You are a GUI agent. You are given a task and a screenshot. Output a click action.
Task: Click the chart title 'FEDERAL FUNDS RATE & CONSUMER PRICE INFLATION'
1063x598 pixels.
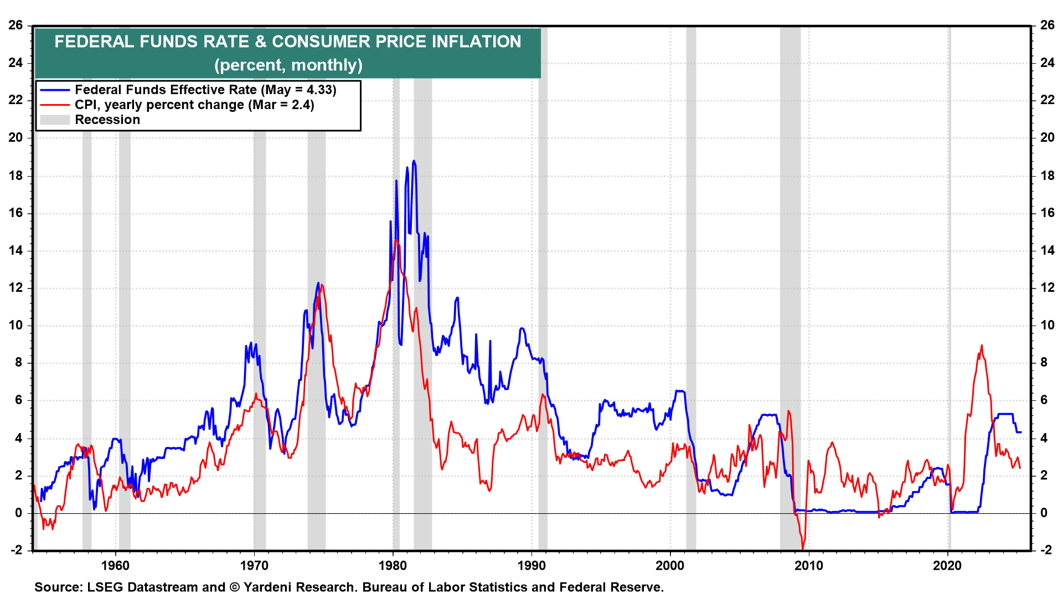click(x=287, y=42)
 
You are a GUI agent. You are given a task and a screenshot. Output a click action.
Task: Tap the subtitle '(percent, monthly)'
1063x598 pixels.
click(x=288, y=65)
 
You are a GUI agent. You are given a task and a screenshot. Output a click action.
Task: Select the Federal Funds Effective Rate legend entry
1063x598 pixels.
click(x=205, y=90)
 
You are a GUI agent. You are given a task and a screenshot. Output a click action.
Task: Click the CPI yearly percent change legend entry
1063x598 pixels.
click(x=194, y=105)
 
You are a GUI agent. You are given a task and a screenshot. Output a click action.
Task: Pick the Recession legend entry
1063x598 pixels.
click(x=107, y=120)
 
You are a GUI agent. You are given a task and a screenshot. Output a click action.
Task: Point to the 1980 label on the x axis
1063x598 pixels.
click(x=393, y=565)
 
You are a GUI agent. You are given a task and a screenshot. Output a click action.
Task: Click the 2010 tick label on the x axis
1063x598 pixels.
click(x=809, y=565)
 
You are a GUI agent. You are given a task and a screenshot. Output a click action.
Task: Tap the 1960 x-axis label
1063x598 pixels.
click(x=116, y=565)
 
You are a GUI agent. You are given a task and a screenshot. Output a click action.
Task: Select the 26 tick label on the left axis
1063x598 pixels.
click(x=16, y=25)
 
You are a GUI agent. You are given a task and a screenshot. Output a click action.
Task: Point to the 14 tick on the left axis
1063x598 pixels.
click(x=16, y=250)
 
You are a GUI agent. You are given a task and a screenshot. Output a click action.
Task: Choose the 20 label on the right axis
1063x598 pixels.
click(x=1047, y=137)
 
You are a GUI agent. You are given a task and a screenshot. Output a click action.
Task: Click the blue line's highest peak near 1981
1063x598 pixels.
click(x=414, y=161)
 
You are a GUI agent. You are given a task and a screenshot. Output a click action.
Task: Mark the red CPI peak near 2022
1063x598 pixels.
click(x=982, y=346)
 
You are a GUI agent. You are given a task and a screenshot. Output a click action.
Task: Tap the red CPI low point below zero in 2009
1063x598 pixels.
click(x=802, y=549)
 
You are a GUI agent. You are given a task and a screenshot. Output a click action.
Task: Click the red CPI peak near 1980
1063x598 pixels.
click(x=396, y=240)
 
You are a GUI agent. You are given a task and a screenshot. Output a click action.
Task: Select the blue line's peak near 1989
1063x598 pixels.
click(x=522, y=328)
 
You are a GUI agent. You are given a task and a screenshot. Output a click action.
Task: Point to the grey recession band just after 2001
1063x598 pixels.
click(x=691, y=277)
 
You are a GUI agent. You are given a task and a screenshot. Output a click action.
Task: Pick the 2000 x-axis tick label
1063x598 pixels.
click(x=670, y=565)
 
